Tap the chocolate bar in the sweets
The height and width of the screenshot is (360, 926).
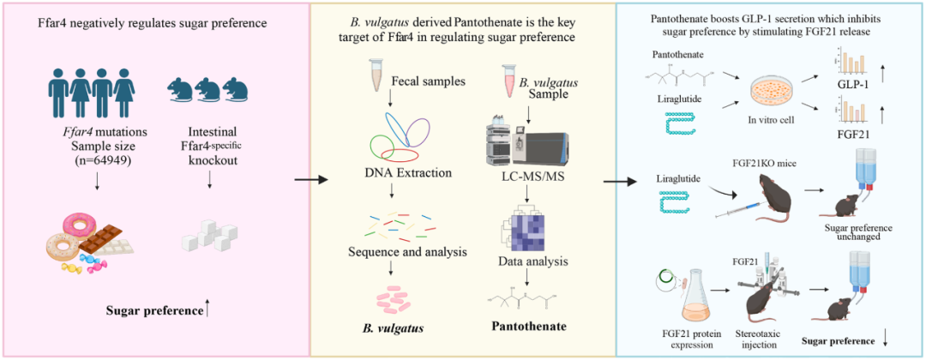(111, 241)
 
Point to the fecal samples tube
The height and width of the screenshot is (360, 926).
(375, 75)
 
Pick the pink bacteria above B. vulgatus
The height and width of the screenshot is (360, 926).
(399, 296)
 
